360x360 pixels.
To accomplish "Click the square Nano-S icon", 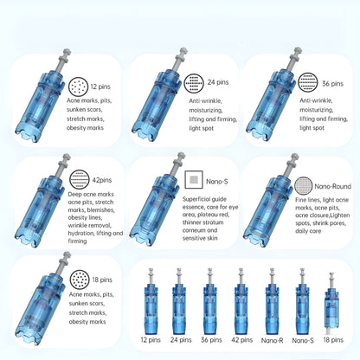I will [x=193, y=181].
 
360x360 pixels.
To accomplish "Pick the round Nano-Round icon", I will [x=303, y=185].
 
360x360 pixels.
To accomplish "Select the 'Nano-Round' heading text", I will [x=333, y=185].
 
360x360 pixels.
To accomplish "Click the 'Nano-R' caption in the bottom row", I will [x=273, y=341].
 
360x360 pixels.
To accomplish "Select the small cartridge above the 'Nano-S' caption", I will [x=302, y=307].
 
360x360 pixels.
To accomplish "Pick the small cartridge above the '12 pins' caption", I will [x=151, y=307].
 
